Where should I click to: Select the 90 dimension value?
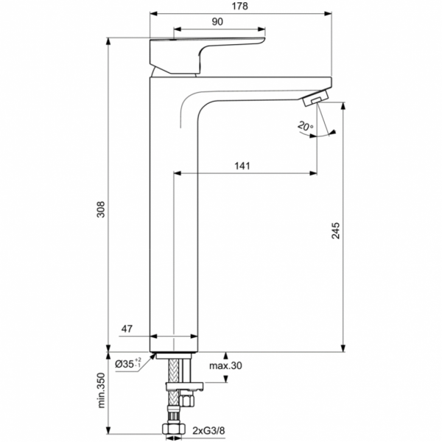pyautogui.click(x=217, y=22)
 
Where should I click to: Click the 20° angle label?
pyautogui.click(x=306, y=127)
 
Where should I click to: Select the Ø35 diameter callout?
pyautogui.click(x=129, y=363)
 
